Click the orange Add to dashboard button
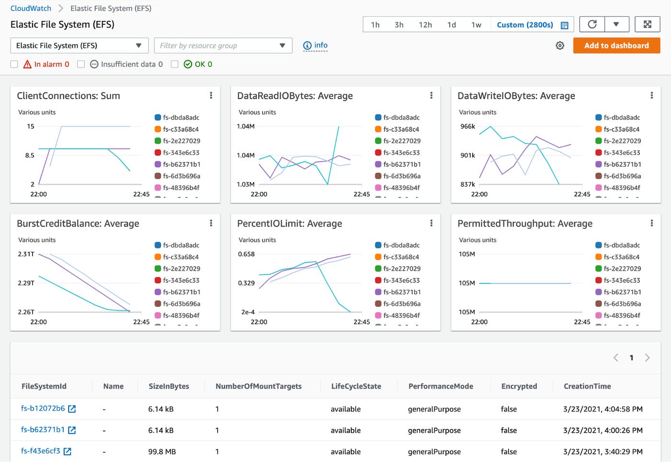click(616, 46)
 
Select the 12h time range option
click(425, 25)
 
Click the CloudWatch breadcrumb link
click(31, 8)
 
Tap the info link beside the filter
click(315, 46)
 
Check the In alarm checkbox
click(14, 64)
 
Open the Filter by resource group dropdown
click(223, 46)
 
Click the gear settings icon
click(560, 46)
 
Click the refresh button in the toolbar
click(592, 24)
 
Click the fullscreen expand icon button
click(647, 24)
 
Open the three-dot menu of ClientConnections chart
click(211, 95)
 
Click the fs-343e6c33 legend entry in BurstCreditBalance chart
click(181, 280)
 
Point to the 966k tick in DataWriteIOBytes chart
click(467, 127)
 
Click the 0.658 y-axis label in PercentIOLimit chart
click(246, 254)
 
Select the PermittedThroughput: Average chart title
click(525, 223)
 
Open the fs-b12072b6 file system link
click(43, 408)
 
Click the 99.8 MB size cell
click(162, 451)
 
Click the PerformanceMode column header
click(440, 386)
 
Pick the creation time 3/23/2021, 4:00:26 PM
click(602, 430)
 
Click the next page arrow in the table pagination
click(647, 358)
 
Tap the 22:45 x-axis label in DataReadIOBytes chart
click(361, 194)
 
